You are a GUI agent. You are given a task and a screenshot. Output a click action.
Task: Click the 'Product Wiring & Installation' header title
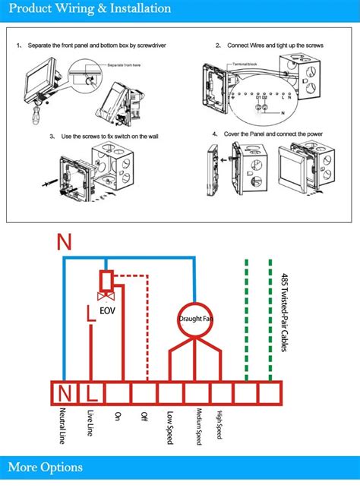[x=90, y=9]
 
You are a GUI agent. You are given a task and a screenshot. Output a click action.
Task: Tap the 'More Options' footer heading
[x=46, y=467]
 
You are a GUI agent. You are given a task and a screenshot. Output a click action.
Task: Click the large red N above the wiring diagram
[x=65, y=243]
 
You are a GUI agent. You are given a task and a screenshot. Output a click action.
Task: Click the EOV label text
[x=109, y=310]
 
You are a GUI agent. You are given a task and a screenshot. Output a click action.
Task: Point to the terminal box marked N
[x=65, y=392]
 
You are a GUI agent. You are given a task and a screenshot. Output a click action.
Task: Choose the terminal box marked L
[x=91, y=392]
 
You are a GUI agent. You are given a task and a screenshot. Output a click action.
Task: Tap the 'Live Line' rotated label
[x=90, y=423]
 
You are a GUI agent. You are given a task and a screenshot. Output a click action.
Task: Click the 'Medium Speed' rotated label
[x=198, y=428]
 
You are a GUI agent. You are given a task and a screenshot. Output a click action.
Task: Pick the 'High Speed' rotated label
[x=220, y=426]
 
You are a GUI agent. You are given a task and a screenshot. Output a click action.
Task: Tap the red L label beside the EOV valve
[x=90, y=311]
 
